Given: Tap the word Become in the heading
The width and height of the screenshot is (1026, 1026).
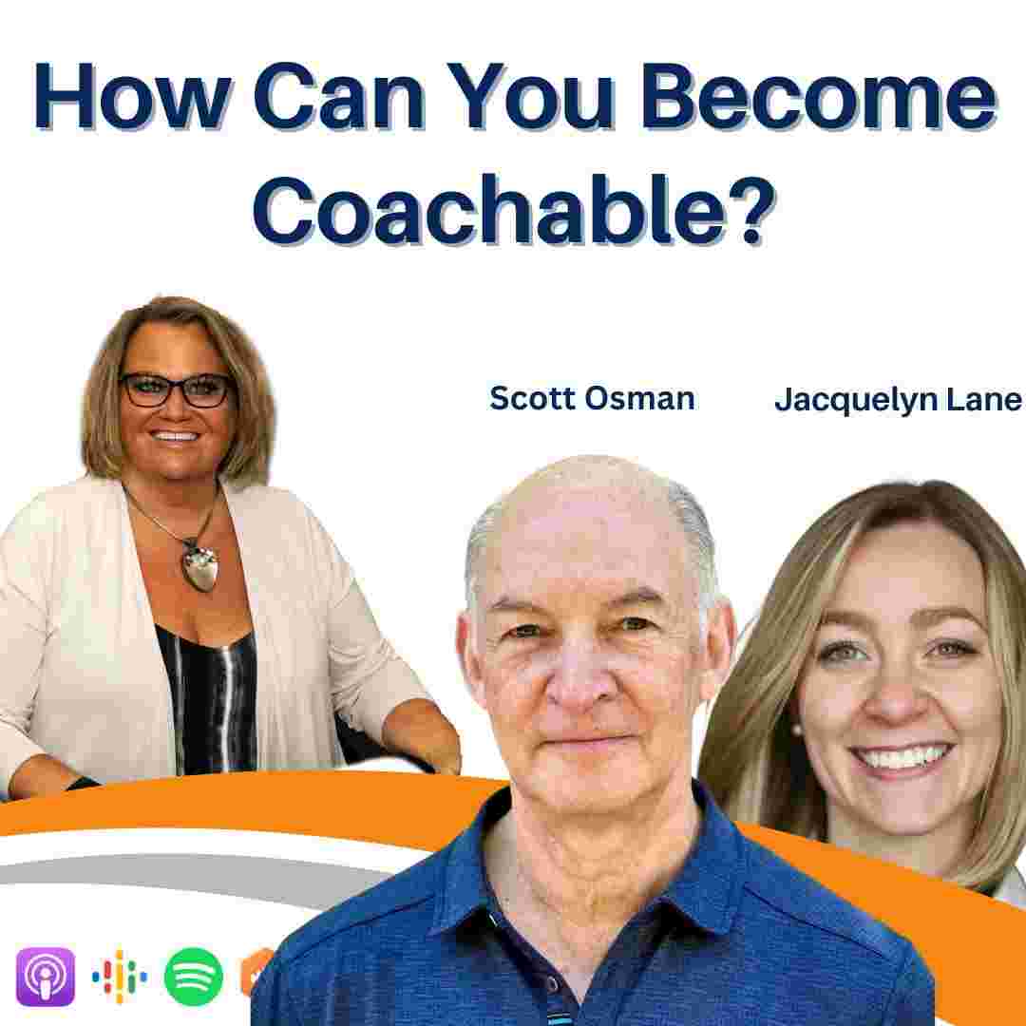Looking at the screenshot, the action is pyautogui.click(x=819, y=96).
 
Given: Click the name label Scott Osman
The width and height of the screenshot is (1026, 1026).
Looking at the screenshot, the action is pyautogui.click(x=592, y=398).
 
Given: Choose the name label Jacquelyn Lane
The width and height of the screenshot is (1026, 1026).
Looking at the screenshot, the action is pyautogui.click(x=898, y=399).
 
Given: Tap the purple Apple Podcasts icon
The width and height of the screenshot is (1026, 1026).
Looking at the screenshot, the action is pyautogui.click(x=46, y=977).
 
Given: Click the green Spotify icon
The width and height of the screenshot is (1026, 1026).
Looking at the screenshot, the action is pyautogui.click(x=193, y=977).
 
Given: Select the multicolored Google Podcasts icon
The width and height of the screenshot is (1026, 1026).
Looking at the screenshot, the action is pyautogui.click(x=119, y=977).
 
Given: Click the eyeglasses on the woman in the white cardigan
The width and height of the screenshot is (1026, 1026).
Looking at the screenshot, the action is pyautogui.click(x=176, y=390).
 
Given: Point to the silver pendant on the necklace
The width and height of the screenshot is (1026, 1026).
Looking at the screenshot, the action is pyautogui.click(x=200, y=565).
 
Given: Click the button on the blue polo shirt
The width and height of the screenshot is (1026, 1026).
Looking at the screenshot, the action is pyautogui.click(x=554, y=984).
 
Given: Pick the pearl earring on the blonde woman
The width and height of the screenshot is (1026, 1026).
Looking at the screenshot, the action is pyautogui.click(x=797, y=729).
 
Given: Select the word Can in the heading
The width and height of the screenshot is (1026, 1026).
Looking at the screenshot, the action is pyautogui.click(x=339, y=96).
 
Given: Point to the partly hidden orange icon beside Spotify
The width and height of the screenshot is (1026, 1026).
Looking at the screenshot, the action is pyautogui.click(x=257, y=975).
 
